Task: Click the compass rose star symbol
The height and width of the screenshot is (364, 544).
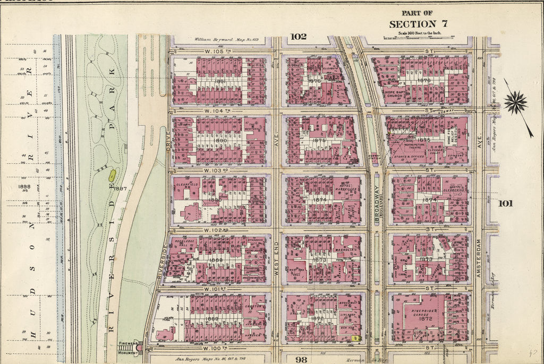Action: click(x=515, y=102)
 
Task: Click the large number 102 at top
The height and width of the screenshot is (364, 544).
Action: click(x=298, y=37)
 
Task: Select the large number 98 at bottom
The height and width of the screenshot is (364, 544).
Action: click(x=301, y=359)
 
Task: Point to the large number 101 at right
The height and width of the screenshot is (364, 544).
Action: click(x=506, y=203)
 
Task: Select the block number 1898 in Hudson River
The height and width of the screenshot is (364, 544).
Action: click(x=24, y=187)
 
